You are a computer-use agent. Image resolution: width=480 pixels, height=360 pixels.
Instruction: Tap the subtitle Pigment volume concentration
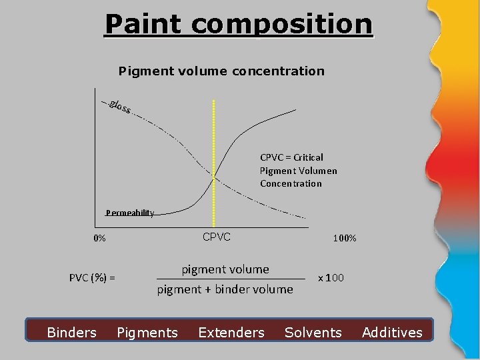tap(221, 70)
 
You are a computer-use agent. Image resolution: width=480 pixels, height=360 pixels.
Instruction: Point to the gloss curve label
tap(119, 107)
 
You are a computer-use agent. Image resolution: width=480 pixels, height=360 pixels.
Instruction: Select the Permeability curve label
tap(130, 213)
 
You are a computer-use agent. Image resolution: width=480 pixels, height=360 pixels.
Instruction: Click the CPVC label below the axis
tap(216, 236)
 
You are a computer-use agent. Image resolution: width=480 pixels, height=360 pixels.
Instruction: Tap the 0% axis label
tap(99, 238)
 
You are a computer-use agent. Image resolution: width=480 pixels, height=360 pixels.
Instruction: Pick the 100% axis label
tap(344, 238)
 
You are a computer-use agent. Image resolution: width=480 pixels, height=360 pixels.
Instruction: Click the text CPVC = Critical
tap(291, 157)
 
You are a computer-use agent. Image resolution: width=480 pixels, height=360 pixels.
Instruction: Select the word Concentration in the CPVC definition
tap(291, 183)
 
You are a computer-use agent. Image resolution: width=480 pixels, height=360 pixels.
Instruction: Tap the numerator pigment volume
tap(225, 269)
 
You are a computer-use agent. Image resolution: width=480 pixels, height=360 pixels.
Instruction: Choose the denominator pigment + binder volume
tap(225, 289)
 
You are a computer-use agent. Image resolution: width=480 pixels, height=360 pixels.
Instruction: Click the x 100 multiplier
tap(331, 277)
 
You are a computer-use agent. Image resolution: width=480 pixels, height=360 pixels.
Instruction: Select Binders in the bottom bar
tap(71, 332)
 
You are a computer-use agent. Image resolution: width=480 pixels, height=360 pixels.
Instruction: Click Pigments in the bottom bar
tap(147, 332)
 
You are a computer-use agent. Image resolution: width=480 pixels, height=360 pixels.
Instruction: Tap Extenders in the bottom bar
tap(231, 332)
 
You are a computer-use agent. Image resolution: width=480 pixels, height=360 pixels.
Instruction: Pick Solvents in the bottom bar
tap(313, 332)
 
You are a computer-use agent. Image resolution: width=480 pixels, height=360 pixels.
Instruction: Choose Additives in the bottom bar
tap(392, 332)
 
